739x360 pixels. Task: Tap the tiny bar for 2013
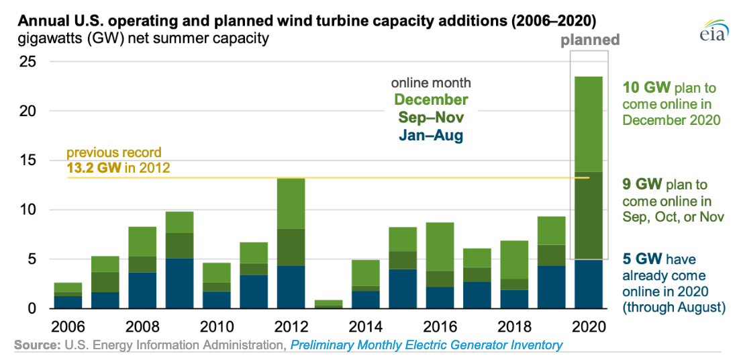(328, 304)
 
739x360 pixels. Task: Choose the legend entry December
(431, 100)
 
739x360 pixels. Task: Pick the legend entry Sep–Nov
(431, 118)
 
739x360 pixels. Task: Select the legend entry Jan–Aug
(431, 135)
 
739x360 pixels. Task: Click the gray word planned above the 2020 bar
(591, 40)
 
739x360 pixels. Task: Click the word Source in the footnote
(34, 345)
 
